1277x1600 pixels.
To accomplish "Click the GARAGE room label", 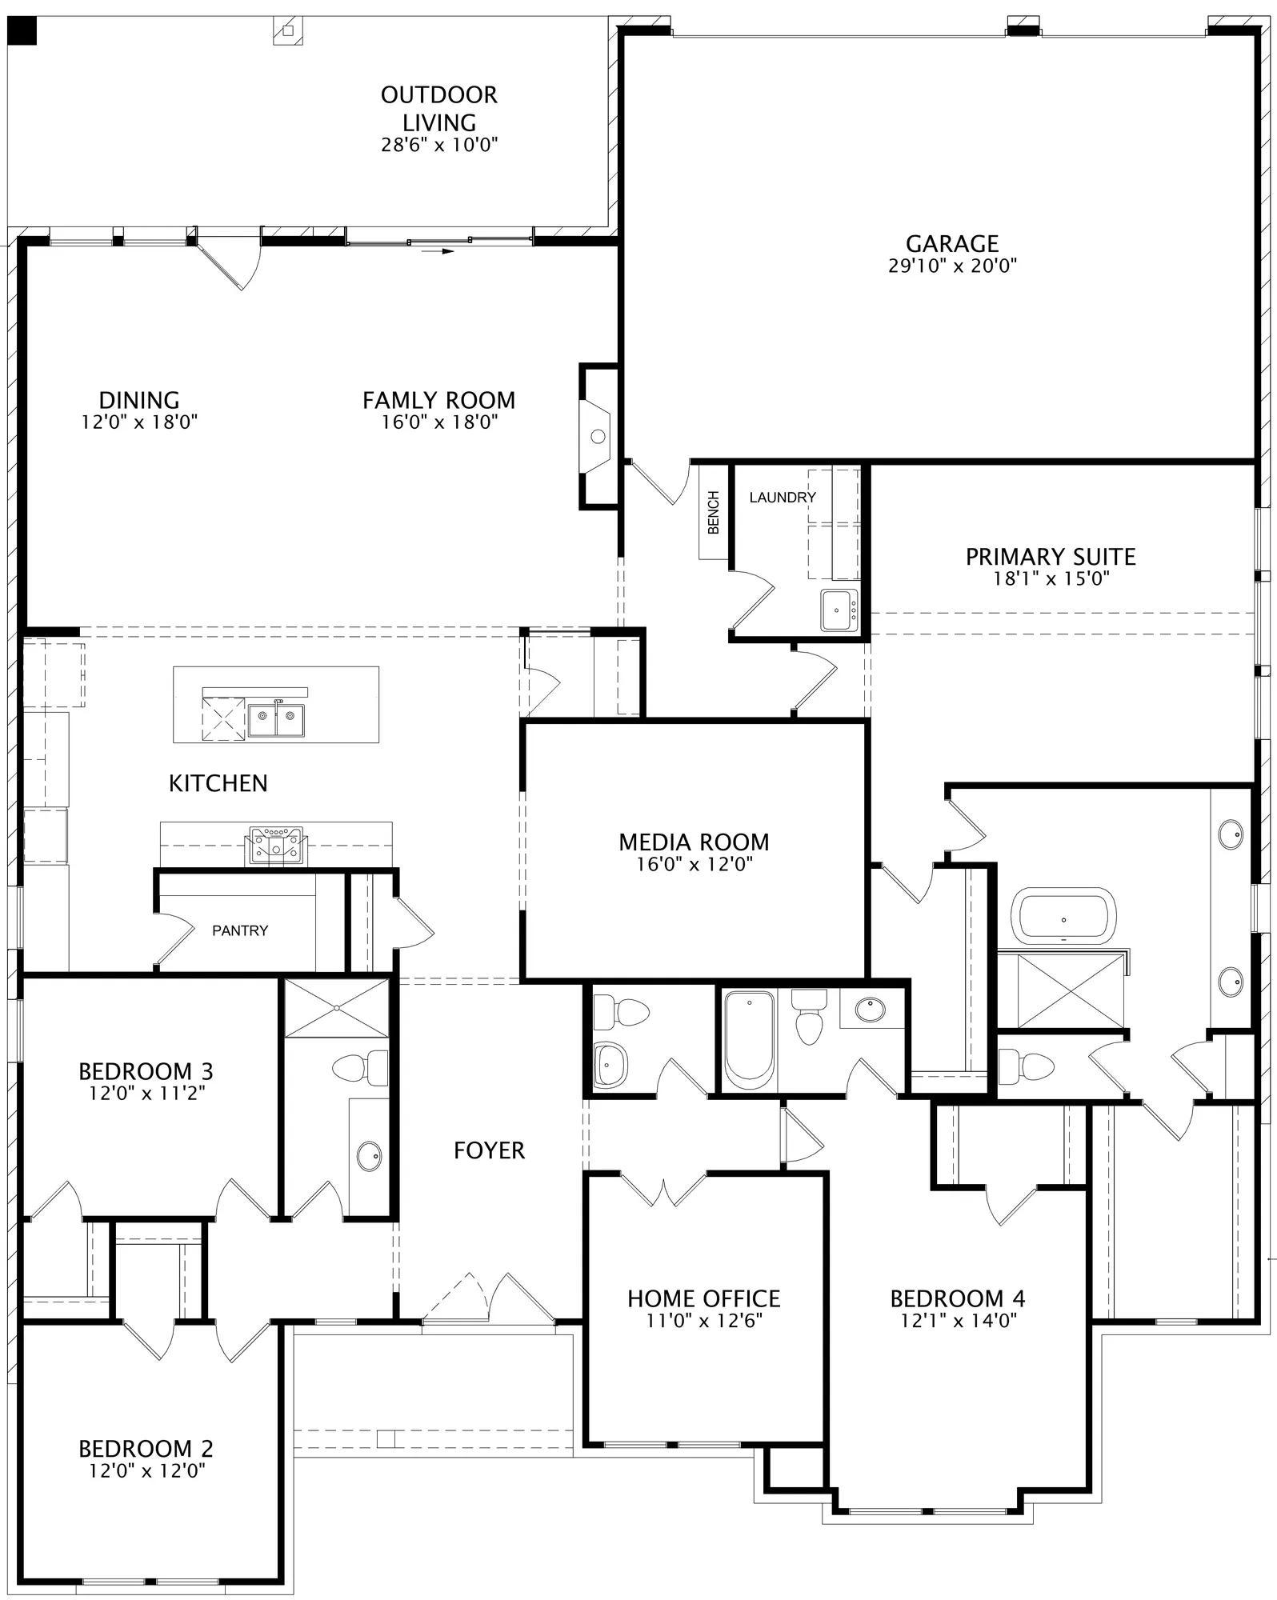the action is [x=951, y=243].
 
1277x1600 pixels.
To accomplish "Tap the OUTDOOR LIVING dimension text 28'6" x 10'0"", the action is [x=439, y=145].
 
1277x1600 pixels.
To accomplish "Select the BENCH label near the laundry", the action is [x=714, y=513].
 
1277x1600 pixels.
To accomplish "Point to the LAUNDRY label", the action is [x=783, y=497].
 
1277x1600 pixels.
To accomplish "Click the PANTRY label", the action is [x=240, y=930].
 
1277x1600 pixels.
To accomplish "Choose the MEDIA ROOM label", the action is [x=694, y=842].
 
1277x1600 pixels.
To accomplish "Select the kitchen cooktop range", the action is [x=276, y=845].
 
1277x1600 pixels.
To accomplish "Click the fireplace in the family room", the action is [x=596, y=436].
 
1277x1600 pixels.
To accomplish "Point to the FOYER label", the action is [x=489, y=1150].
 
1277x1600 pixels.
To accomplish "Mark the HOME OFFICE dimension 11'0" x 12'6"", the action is [x=704, y=1321].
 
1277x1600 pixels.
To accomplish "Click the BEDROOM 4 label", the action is [x=958, y=1298].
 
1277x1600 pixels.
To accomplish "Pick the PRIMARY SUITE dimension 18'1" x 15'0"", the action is [x=1051, y=578].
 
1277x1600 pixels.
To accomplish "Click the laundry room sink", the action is [x=839, y=610].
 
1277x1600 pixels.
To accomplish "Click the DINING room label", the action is [x=139, y=400].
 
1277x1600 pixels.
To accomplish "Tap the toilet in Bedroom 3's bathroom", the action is [x=359, y=1068].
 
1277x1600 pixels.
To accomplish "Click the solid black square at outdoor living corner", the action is [x=23, y=30].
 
